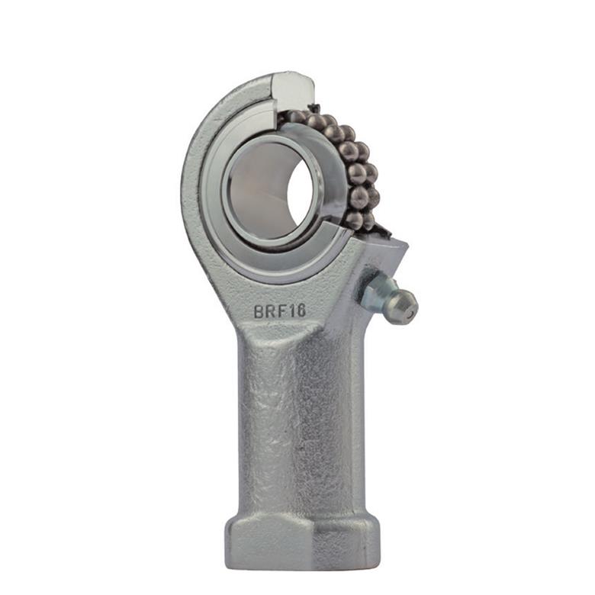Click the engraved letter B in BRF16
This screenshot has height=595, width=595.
point(259,312)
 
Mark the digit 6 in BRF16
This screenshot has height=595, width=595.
point(300,310)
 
